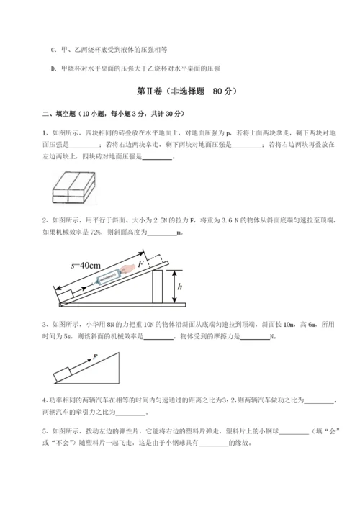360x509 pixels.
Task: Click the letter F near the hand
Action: point(141,264)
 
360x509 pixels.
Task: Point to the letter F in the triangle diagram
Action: point(94,357)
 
